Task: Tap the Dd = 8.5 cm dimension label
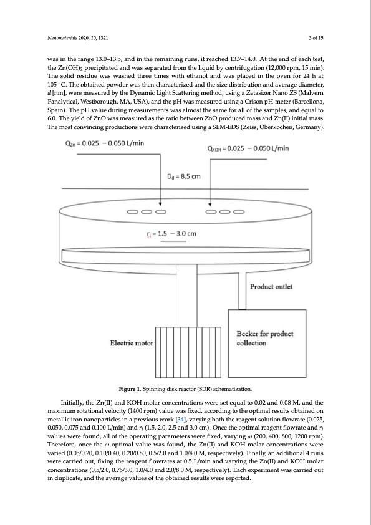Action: click(x=184, y=176)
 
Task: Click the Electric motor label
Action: click(x=131, y=343)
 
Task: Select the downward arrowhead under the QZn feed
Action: click(x=161, y=203)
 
